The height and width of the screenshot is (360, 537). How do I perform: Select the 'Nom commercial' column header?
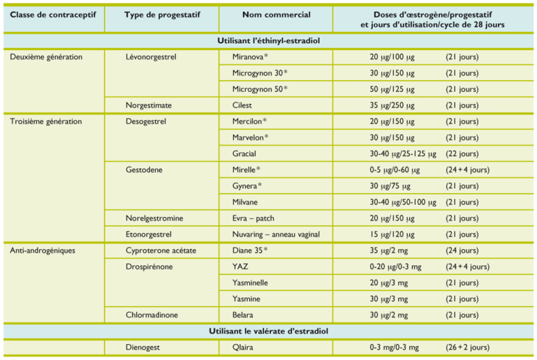coord(272,15)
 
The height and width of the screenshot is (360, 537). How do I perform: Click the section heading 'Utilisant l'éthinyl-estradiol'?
coord(269,41)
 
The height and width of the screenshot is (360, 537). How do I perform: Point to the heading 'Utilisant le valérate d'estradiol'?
coord(269,330)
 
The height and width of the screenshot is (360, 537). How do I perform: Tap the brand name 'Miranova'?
coord(251,57)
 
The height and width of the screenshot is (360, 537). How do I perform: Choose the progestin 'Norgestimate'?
coord(149,105)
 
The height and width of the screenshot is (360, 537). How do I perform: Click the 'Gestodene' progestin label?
coord(145,170)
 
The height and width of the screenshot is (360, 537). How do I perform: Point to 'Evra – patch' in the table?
coord(253,218)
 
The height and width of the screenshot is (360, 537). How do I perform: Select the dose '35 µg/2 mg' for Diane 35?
coord(392,250)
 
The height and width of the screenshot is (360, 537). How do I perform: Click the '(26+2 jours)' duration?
coord(467,347)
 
